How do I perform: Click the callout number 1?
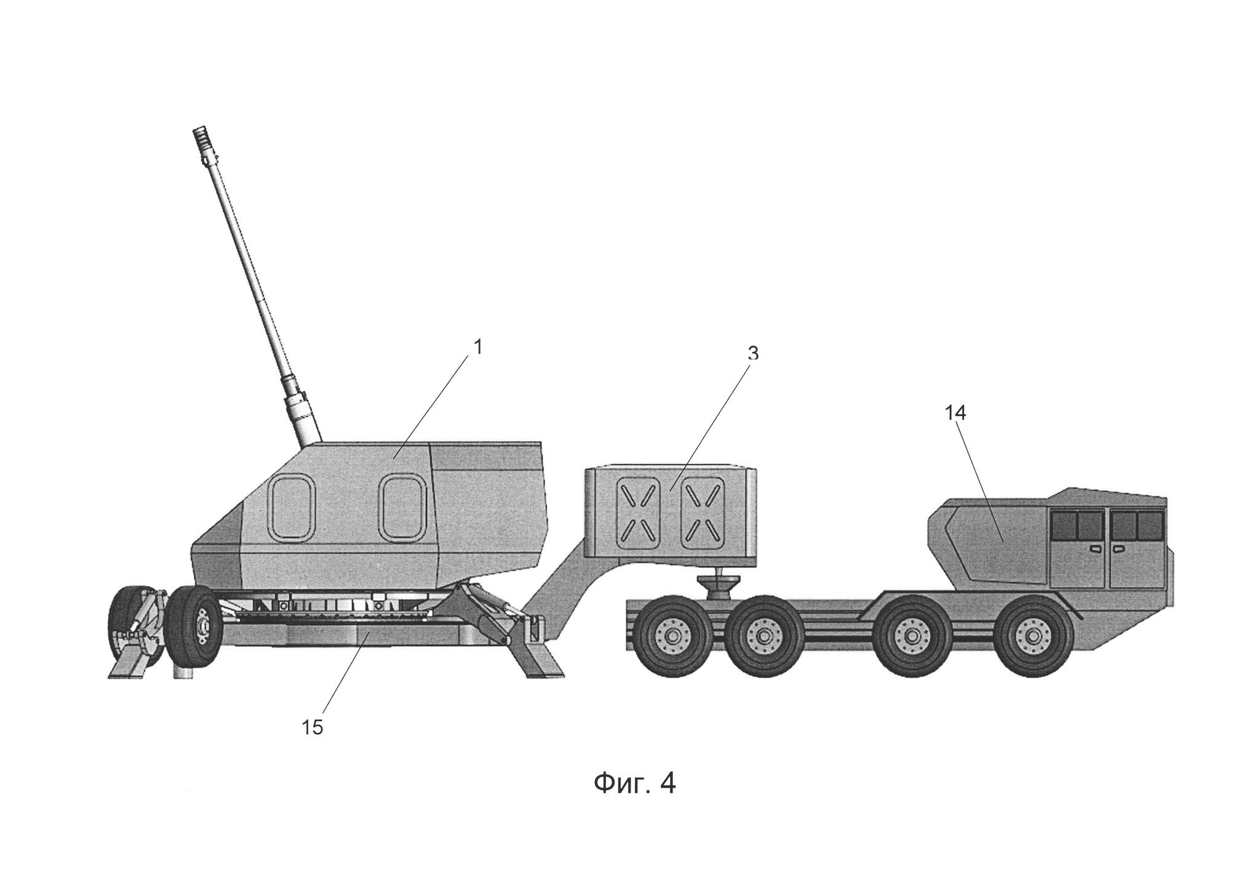coord(477,347)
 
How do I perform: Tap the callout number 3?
coord(753,353)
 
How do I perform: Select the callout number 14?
coord(955,414)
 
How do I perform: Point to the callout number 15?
coord(312,727)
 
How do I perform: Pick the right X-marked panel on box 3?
coord(703,514)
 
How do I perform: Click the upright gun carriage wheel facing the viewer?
coord(195,628)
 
